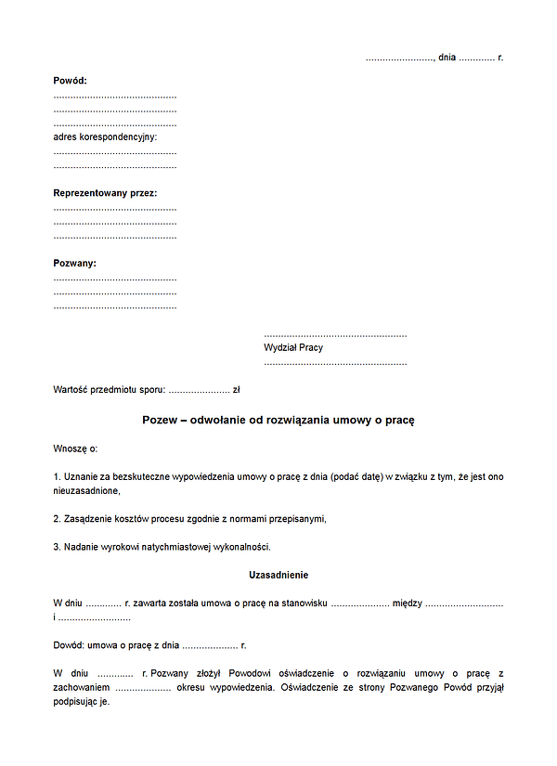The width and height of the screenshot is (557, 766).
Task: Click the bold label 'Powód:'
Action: coord(70,81)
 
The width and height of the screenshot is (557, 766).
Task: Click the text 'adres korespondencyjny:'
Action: coord(105,136)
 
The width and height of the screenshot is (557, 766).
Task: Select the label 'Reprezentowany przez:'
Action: coord(105,193)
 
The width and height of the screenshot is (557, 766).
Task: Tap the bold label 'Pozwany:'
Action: coord(74,264)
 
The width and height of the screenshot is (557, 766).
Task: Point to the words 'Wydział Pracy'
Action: coord(293,348)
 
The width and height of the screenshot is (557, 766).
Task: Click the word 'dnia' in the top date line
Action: coord(447,58)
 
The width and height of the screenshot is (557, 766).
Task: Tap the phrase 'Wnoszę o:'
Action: coord(75,448)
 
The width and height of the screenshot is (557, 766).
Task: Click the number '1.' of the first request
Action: coord(57,476)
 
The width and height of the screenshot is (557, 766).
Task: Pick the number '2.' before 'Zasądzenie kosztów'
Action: coord(57,518)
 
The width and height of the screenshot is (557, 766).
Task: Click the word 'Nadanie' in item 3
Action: coord(82,546)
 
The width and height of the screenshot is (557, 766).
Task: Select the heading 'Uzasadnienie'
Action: coord(278,575)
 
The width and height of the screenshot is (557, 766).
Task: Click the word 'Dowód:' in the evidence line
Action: coord(69,644)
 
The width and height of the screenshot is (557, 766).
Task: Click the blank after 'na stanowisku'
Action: coord(359,604)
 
